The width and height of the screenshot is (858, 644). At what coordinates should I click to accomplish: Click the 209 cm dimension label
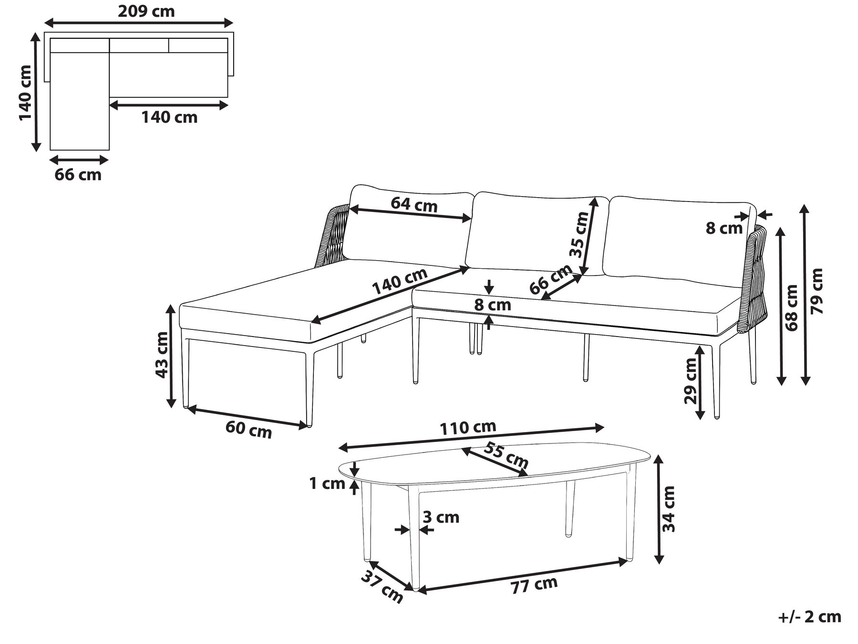(x=146, y=11)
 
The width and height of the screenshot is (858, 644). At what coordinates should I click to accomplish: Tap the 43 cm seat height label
(x=162, y=355)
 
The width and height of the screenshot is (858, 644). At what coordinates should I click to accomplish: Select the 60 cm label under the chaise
(x=248, y=429)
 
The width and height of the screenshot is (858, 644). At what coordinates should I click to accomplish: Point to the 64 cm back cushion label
(x=413, y=204)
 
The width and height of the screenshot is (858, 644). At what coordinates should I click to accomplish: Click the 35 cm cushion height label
(x=579, y=234)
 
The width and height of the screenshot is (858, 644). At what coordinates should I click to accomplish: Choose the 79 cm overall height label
(x=817, y=291)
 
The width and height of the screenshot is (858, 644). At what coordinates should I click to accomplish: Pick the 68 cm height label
(x=792, y=308)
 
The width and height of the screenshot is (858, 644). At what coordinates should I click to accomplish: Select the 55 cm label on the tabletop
(x=506, y=455)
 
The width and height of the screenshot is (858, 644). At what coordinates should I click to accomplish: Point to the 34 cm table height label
(x=669, y=509)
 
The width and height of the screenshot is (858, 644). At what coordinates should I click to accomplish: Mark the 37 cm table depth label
(x=382, y=587)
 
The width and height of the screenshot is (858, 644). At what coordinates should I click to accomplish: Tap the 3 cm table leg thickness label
(x=441, y=517)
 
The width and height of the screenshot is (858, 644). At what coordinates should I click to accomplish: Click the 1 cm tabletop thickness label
(x=327, y=484)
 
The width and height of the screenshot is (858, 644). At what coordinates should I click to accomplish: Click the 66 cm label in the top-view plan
(x=78, y=175)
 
